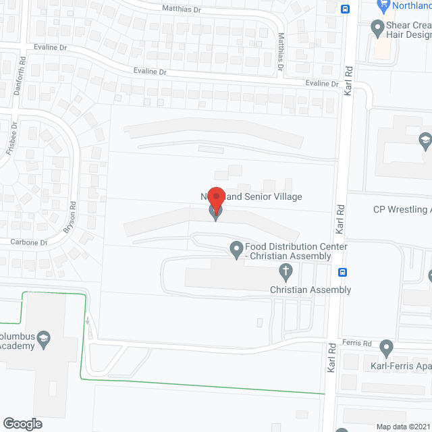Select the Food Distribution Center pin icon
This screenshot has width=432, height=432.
[x=237, y=251]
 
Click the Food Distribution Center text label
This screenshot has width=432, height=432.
[x=296, y=252]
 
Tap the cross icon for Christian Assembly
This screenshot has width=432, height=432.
[x=286, y=273]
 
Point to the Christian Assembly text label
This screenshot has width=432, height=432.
[x=310, y=290]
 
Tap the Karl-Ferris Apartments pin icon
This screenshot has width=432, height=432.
[x=386, y=348]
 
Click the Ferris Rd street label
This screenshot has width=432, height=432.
[x=357, y=343]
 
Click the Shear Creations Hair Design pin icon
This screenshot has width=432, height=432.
[x=377, y=28]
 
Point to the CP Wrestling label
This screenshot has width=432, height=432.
[x=402, y=209]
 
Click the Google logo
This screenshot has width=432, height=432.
[x=22, y=423]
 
